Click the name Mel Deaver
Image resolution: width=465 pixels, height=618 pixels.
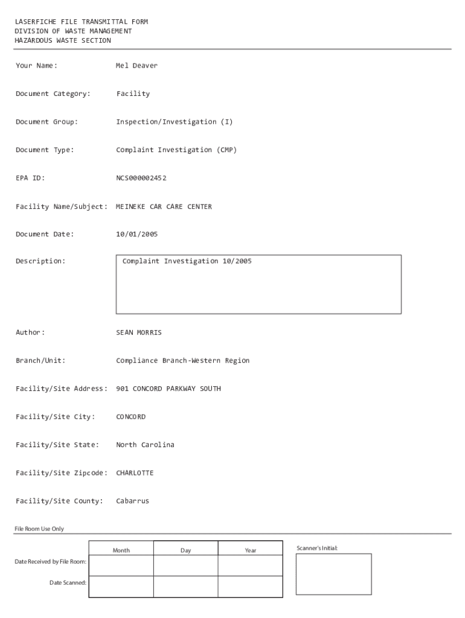136,66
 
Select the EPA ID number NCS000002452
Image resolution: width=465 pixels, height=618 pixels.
141,178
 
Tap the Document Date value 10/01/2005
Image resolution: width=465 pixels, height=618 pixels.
136,234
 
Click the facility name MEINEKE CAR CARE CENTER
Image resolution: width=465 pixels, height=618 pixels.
164,206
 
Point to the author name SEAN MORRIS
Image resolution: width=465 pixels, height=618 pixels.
139,333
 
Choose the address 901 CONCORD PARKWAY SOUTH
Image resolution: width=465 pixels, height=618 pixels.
168,389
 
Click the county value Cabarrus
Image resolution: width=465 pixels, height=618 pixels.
132,501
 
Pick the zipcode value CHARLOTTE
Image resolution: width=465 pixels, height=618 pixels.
135,473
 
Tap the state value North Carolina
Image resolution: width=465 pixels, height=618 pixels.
145,445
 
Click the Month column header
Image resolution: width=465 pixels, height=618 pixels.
121,550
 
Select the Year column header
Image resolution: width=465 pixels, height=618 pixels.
250,550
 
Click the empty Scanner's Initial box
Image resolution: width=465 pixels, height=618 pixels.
333,574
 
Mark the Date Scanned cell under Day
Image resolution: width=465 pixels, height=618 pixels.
185,587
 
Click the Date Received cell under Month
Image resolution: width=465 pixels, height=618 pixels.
121,565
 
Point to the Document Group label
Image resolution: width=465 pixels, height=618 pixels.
46,122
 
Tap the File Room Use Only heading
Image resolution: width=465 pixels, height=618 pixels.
39,529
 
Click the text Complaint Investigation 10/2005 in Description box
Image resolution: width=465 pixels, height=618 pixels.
187,261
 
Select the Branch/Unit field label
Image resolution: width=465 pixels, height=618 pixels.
40,361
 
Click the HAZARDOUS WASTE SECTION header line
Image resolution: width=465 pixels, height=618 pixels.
63,40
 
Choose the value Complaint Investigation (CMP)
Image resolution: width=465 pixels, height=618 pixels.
176,150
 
